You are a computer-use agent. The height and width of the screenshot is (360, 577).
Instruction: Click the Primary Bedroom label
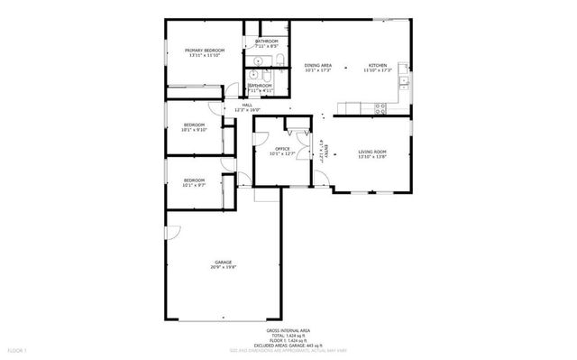tap(205, 50)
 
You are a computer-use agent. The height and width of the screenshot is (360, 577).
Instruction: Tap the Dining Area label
tap(317, 65)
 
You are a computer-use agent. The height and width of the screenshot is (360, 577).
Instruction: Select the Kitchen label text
tap(378, 65)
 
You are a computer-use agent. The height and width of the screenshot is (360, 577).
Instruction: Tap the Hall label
tap(247, 105)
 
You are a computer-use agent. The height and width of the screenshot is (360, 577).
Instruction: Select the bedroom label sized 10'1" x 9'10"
tap(195, 125)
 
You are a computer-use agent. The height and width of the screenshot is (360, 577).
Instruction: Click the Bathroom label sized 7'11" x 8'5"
tap(266, 42)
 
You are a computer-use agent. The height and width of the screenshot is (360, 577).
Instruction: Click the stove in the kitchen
tap(381, 107)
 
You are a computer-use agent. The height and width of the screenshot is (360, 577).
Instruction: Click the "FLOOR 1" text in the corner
tap(16, 348)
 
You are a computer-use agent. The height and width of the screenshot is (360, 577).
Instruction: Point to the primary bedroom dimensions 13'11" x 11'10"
tap(205, 55)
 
